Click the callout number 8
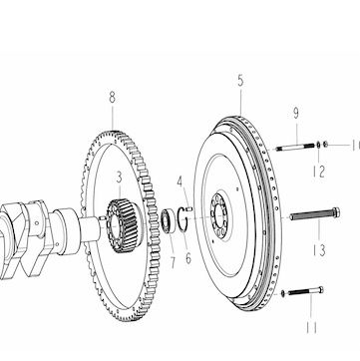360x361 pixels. click(113, 98)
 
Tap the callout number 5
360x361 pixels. click(240, 81)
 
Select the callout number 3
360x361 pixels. click(120, 178)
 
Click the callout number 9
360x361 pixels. click(296, 113)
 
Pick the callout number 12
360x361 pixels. click(318, 172)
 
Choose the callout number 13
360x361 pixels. click(319, 250)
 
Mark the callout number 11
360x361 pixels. click(311, 327)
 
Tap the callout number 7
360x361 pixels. click(173, 262)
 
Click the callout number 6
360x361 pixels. click(188, 258)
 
